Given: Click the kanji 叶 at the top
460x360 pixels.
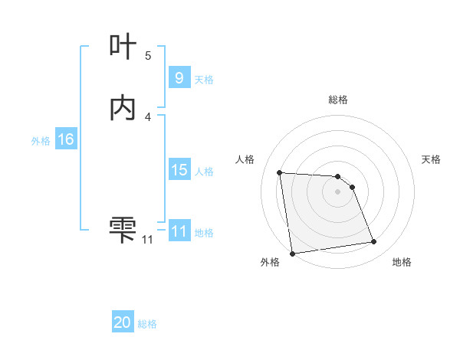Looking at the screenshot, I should (x=123, y=48).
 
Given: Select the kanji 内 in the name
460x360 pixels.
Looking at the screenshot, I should (x=123, y=109).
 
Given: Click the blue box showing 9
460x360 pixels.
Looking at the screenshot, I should (x=179, y=77).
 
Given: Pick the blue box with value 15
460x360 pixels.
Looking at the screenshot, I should (x=179, y=170).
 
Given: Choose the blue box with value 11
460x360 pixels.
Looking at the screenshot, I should (x=179, y=231).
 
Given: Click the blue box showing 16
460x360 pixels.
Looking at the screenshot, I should (x=66, y=139).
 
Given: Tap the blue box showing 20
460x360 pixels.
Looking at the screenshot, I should (x=123, y=322).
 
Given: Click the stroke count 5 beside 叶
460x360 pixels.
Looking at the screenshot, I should (x=148, y=55).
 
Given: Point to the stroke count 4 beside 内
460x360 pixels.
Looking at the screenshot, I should (x=148, y=116).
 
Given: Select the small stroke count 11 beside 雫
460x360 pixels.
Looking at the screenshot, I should (x=147, y=240).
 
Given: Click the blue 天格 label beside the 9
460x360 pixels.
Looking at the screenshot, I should (x=204, y=79).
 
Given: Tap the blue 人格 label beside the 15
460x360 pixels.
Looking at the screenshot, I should (x=204, y=172).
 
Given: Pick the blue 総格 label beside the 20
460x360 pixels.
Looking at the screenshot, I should (x=148, y=324).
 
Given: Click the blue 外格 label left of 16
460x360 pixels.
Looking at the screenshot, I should (x=41, y=141).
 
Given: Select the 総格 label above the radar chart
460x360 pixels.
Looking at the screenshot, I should (x=338, y=100).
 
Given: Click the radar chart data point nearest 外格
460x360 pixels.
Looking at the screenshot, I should (x=292, y=253).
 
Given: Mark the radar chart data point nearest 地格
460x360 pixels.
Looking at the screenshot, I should (x=374, y=242).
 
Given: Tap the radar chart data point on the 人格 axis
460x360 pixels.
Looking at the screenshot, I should (x=280, y=172).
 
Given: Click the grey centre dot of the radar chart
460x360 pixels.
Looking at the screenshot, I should (x=338, y=191).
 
